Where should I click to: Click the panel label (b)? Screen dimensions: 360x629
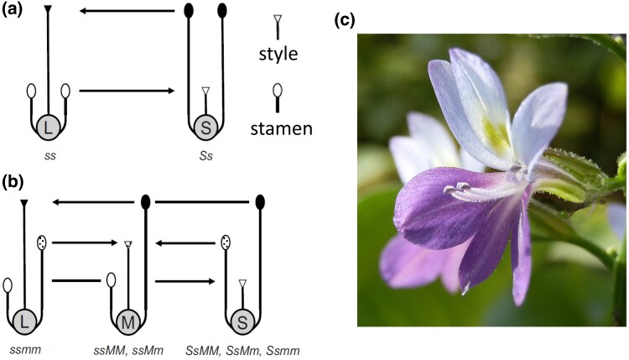pos(16,180)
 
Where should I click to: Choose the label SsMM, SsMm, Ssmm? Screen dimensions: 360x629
pos(242,346)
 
